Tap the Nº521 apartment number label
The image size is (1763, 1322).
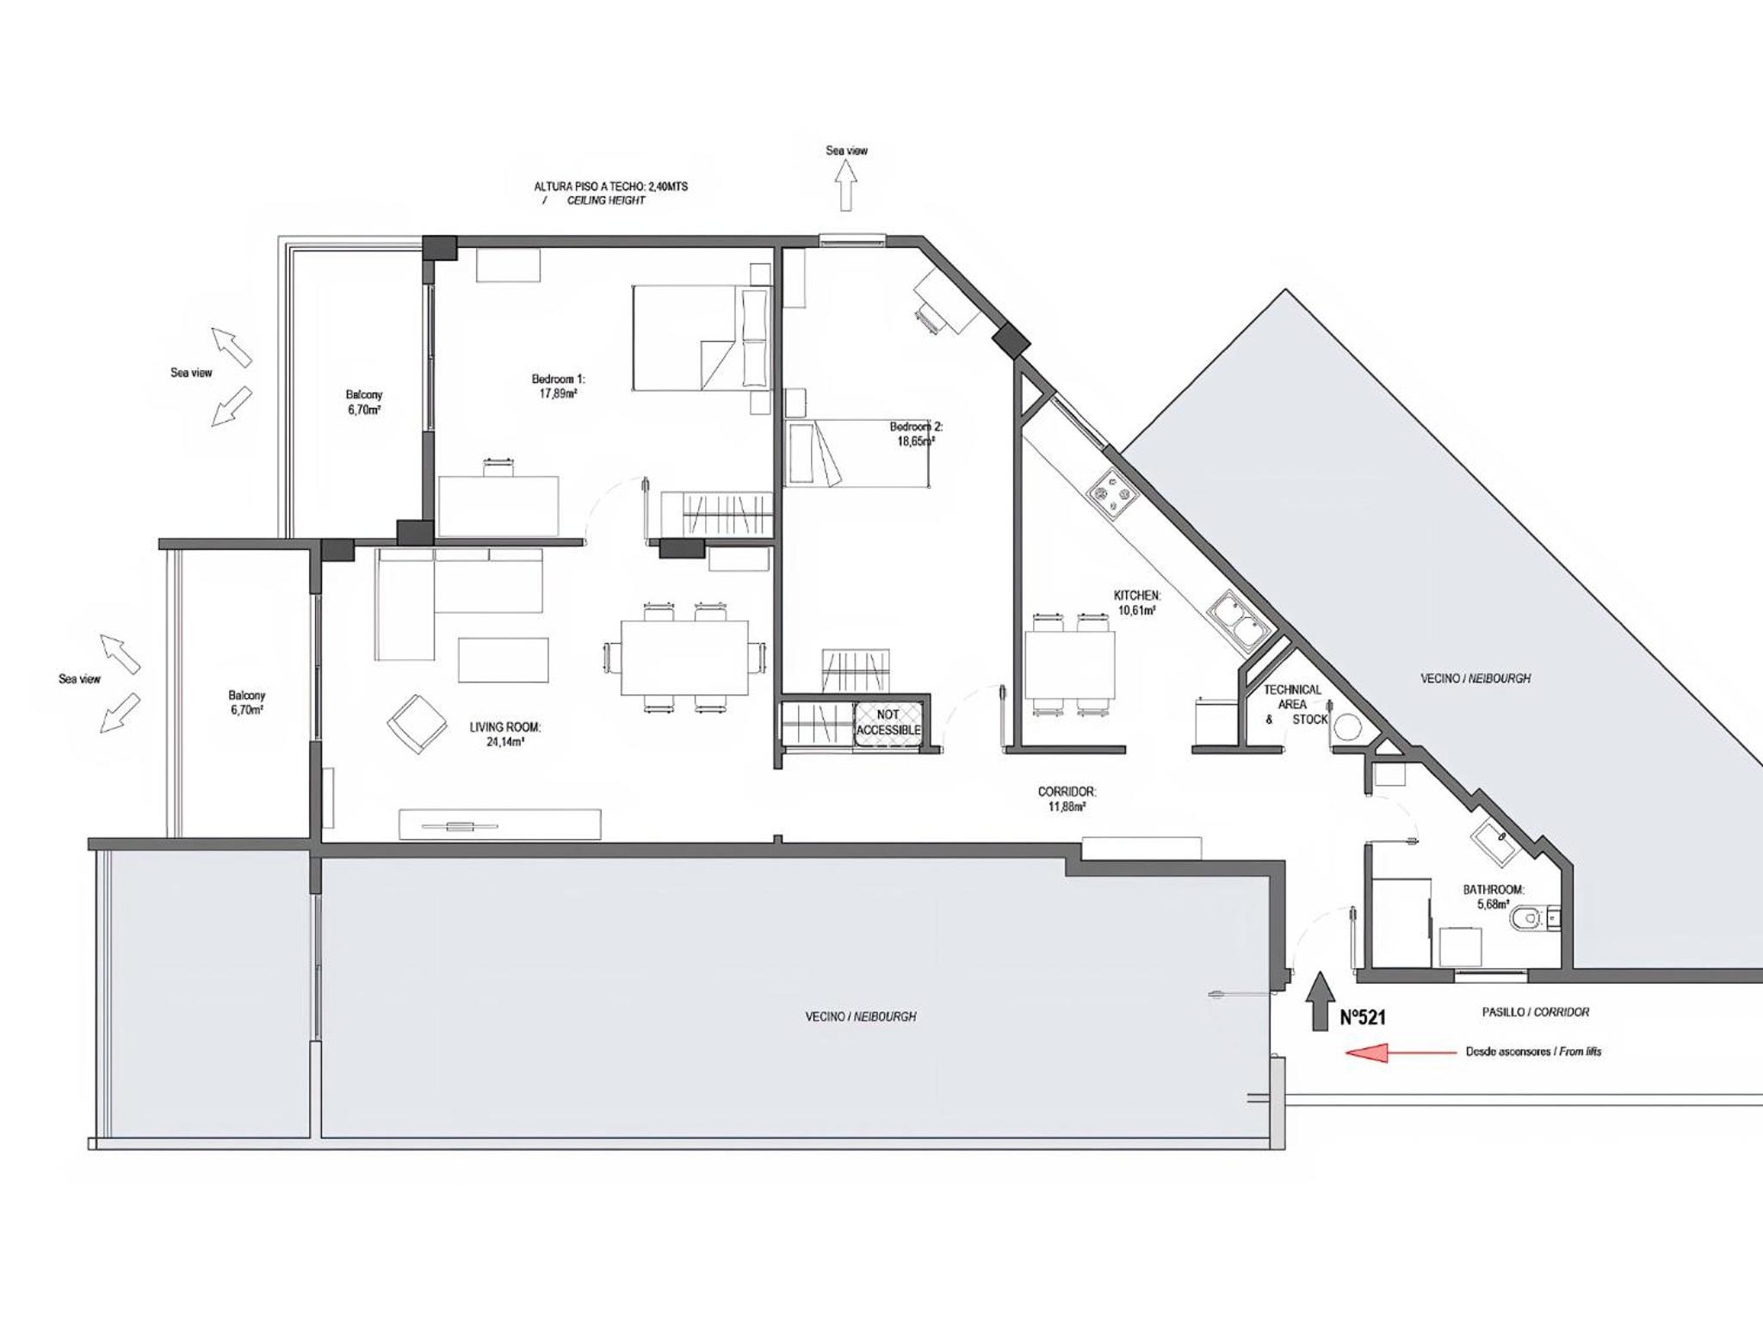1364,1016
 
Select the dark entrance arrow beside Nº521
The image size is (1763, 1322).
1318,1002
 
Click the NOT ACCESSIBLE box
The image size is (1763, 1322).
888,722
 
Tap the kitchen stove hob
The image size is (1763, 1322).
1112,494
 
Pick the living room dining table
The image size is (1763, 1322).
684,658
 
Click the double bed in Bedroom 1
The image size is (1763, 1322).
702,337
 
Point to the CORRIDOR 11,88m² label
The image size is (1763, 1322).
1067,799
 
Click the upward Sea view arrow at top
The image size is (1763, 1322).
846,186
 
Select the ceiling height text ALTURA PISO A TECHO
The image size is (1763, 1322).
611,187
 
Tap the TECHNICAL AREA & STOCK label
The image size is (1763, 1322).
1294,704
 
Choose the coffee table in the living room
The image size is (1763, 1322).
503,659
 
